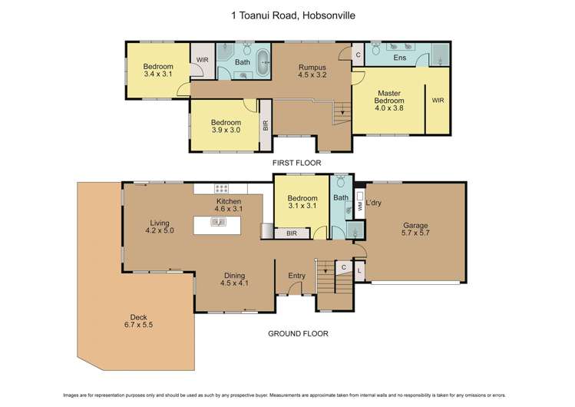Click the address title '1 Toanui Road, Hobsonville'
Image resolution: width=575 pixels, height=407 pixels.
[288, 15]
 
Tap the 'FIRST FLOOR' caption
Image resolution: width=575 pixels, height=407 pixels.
[297, 163]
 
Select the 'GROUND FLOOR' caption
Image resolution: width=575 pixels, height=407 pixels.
[297, 333]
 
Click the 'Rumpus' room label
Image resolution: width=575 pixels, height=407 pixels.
[312, 67]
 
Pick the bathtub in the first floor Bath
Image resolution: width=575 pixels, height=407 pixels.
[263, 61]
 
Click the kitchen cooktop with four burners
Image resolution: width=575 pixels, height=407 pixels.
[223, 188]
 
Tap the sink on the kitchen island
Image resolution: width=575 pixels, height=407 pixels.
[219, 223]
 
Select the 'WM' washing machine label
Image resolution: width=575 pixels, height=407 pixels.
[360, 207]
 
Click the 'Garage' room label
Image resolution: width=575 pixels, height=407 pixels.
[416, 226]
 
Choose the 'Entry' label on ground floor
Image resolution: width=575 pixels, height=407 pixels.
[296, 276]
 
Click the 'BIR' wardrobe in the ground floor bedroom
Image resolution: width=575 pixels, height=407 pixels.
[291, 233]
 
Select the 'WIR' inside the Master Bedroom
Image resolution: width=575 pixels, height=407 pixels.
[438, 100]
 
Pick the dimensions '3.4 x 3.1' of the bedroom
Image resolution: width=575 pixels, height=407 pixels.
[158, 75]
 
